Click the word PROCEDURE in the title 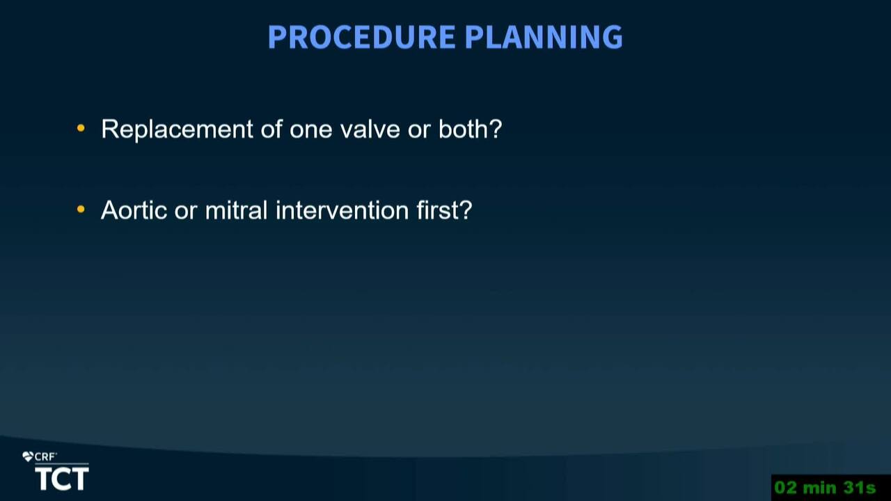(x=361, y=37)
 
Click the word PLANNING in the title (x=544, y=37)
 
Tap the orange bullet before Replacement (x=81, y=128)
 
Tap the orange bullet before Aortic (x=81, y=209)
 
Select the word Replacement (x=177, y=129)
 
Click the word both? (x=470, y=129)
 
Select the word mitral (x=236, y=209)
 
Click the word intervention (x=342, y=210)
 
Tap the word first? (x=444, y=209)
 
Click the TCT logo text (x=62, y=479)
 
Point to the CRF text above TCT (x=45, y=457)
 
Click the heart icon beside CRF (x=28, y=456)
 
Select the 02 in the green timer (x=786, y=488)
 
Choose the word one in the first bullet (x=310, y=131)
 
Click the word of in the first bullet (x=271, y=129)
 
